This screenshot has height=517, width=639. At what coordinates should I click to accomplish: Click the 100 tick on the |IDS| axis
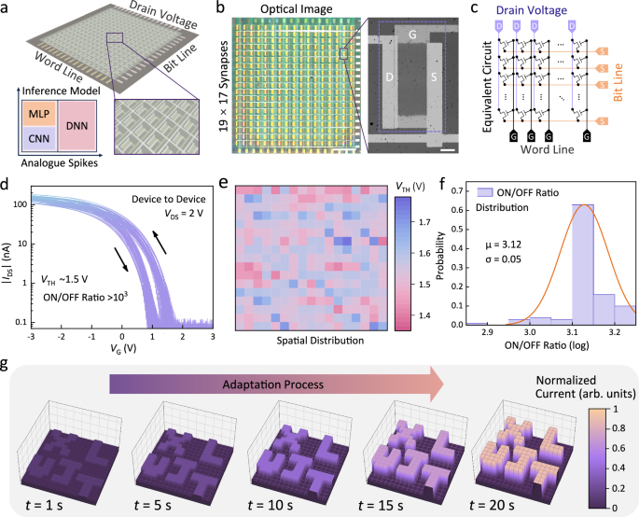pyautogui.click(x=21, y=202)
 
